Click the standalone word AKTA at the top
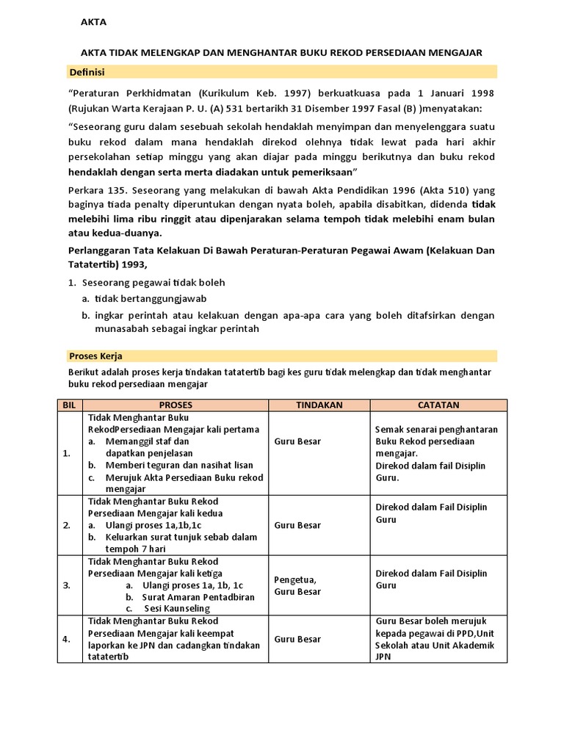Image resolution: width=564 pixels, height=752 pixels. pos(93,22)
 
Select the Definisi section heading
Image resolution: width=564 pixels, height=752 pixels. pos(86,71)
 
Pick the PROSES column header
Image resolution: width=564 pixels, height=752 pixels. pos(176,405)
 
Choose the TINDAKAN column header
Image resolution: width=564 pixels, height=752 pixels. pos(319,405)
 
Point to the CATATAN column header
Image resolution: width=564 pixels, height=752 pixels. pos(438,405)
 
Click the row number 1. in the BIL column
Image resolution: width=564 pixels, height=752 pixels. pos(68,454)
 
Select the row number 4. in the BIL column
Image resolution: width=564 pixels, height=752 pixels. pos(68,639)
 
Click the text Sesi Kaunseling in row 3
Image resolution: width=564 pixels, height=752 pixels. pos(178,609)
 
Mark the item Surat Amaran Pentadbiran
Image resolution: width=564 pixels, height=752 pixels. pos(198,597)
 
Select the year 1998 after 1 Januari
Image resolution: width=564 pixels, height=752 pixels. pos(481,94)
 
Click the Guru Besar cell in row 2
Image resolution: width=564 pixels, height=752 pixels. pos(297,525)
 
